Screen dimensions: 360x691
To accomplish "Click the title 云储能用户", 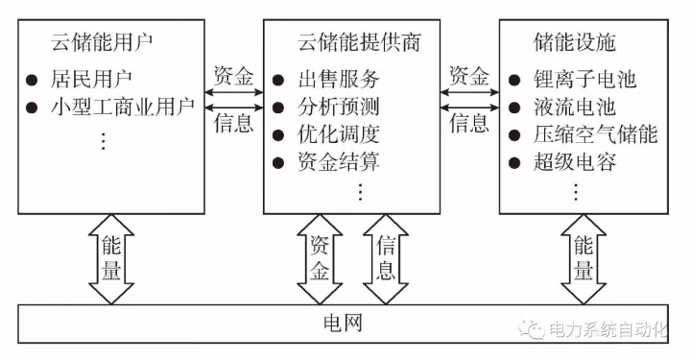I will [103, 43].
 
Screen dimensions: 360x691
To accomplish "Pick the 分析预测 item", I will [338, 107].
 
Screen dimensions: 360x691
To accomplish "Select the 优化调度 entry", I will [338, 133].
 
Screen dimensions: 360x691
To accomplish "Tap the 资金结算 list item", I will [338, 160].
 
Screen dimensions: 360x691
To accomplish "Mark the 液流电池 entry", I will [574, 107].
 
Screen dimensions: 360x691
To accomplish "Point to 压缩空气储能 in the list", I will [595, 133].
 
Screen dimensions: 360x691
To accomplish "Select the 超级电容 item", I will [574, 160].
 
